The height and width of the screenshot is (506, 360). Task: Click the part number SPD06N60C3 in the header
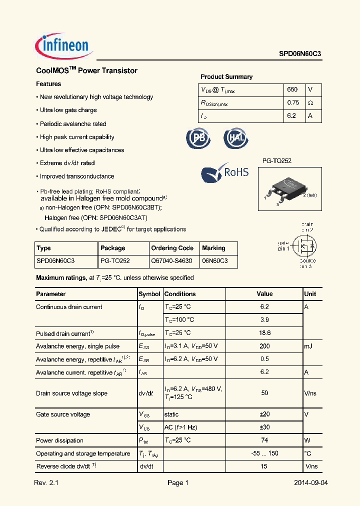(x=300, y=57)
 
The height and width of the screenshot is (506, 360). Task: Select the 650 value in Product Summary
(x=292, y=89)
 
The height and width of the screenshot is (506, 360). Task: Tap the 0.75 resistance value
(x=293, y=102)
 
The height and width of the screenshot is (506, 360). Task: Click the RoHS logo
(x=225, y=172)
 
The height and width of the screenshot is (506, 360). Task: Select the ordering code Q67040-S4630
(x=171, y=261)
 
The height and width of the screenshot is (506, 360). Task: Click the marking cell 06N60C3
(x=214, y=261)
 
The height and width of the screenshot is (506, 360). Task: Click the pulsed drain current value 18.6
(x=265, y=333)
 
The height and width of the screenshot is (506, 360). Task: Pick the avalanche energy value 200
(x=265, y=346)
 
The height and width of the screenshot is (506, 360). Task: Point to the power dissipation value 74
(x=265, y=440)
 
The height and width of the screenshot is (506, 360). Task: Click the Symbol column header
(x=149, y=294)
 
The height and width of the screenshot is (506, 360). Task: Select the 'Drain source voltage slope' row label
(x=71, y=393)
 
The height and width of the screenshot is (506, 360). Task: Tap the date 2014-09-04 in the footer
(x=311, y=483)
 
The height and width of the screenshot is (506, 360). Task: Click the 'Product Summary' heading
(x=226, y=77)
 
